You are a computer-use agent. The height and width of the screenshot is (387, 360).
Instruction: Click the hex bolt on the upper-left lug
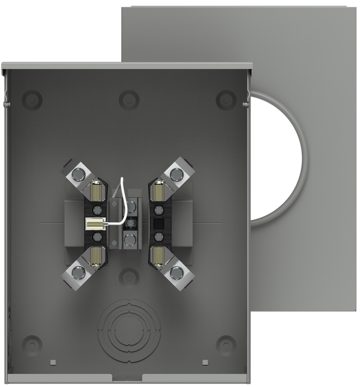pos(78,174)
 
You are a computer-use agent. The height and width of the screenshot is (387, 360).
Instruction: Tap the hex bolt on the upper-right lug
pos(176,174)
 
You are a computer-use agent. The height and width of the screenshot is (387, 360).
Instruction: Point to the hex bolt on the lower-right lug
pos(176,272)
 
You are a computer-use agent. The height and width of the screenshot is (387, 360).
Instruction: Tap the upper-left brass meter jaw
pos(95,191)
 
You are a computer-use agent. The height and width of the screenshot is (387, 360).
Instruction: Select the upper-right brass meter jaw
pos(159,191)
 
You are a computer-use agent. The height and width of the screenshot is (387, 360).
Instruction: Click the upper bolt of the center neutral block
pos(131,207)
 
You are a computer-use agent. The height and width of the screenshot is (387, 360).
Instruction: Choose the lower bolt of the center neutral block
pos(130,239)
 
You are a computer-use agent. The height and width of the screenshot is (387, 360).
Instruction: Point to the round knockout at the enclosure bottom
pos(129,327)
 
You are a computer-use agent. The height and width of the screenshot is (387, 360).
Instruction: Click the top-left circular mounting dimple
pos(32,100)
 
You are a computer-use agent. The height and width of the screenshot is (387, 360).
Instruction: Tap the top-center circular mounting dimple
pos(129,100)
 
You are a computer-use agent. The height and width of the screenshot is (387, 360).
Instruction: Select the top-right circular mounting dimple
pos(226,100)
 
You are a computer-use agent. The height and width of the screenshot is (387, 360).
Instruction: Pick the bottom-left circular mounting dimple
pos(32,344)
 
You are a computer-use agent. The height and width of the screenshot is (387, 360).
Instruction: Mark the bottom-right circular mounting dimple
pos(226,344)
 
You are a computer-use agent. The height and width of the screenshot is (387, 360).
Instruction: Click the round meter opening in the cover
pos(278,159)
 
